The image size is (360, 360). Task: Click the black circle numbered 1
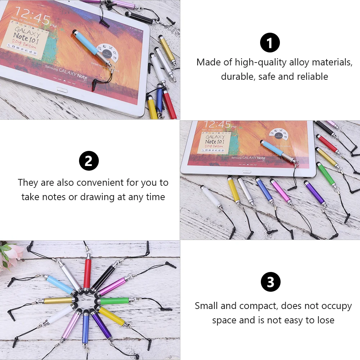(270, 43)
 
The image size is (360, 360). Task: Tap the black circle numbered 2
(89, 161)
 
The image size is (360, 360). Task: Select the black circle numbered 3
(271, 282)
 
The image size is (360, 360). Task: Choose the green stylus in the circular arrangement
(113, 300)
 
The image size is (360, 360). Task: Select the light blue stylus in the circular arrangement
(60, 284)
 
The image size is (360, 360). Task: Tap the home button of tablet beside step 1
(62, 90)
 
